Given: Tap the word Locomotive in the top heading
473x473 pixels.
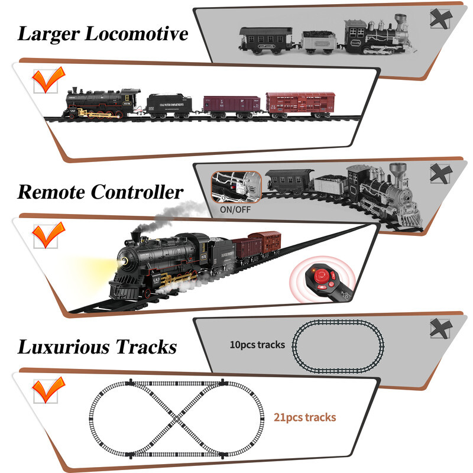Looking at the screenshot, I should [x=137, y=34].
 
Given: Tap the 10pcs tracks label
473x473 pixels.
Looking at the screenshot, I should [x=257, y=344].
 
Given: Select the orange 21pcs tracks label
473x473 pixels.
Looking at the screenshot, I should [x=304, y=417].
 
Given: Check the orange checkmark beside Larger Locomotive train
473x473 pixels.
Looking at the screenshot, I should [x=47, y=82].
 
